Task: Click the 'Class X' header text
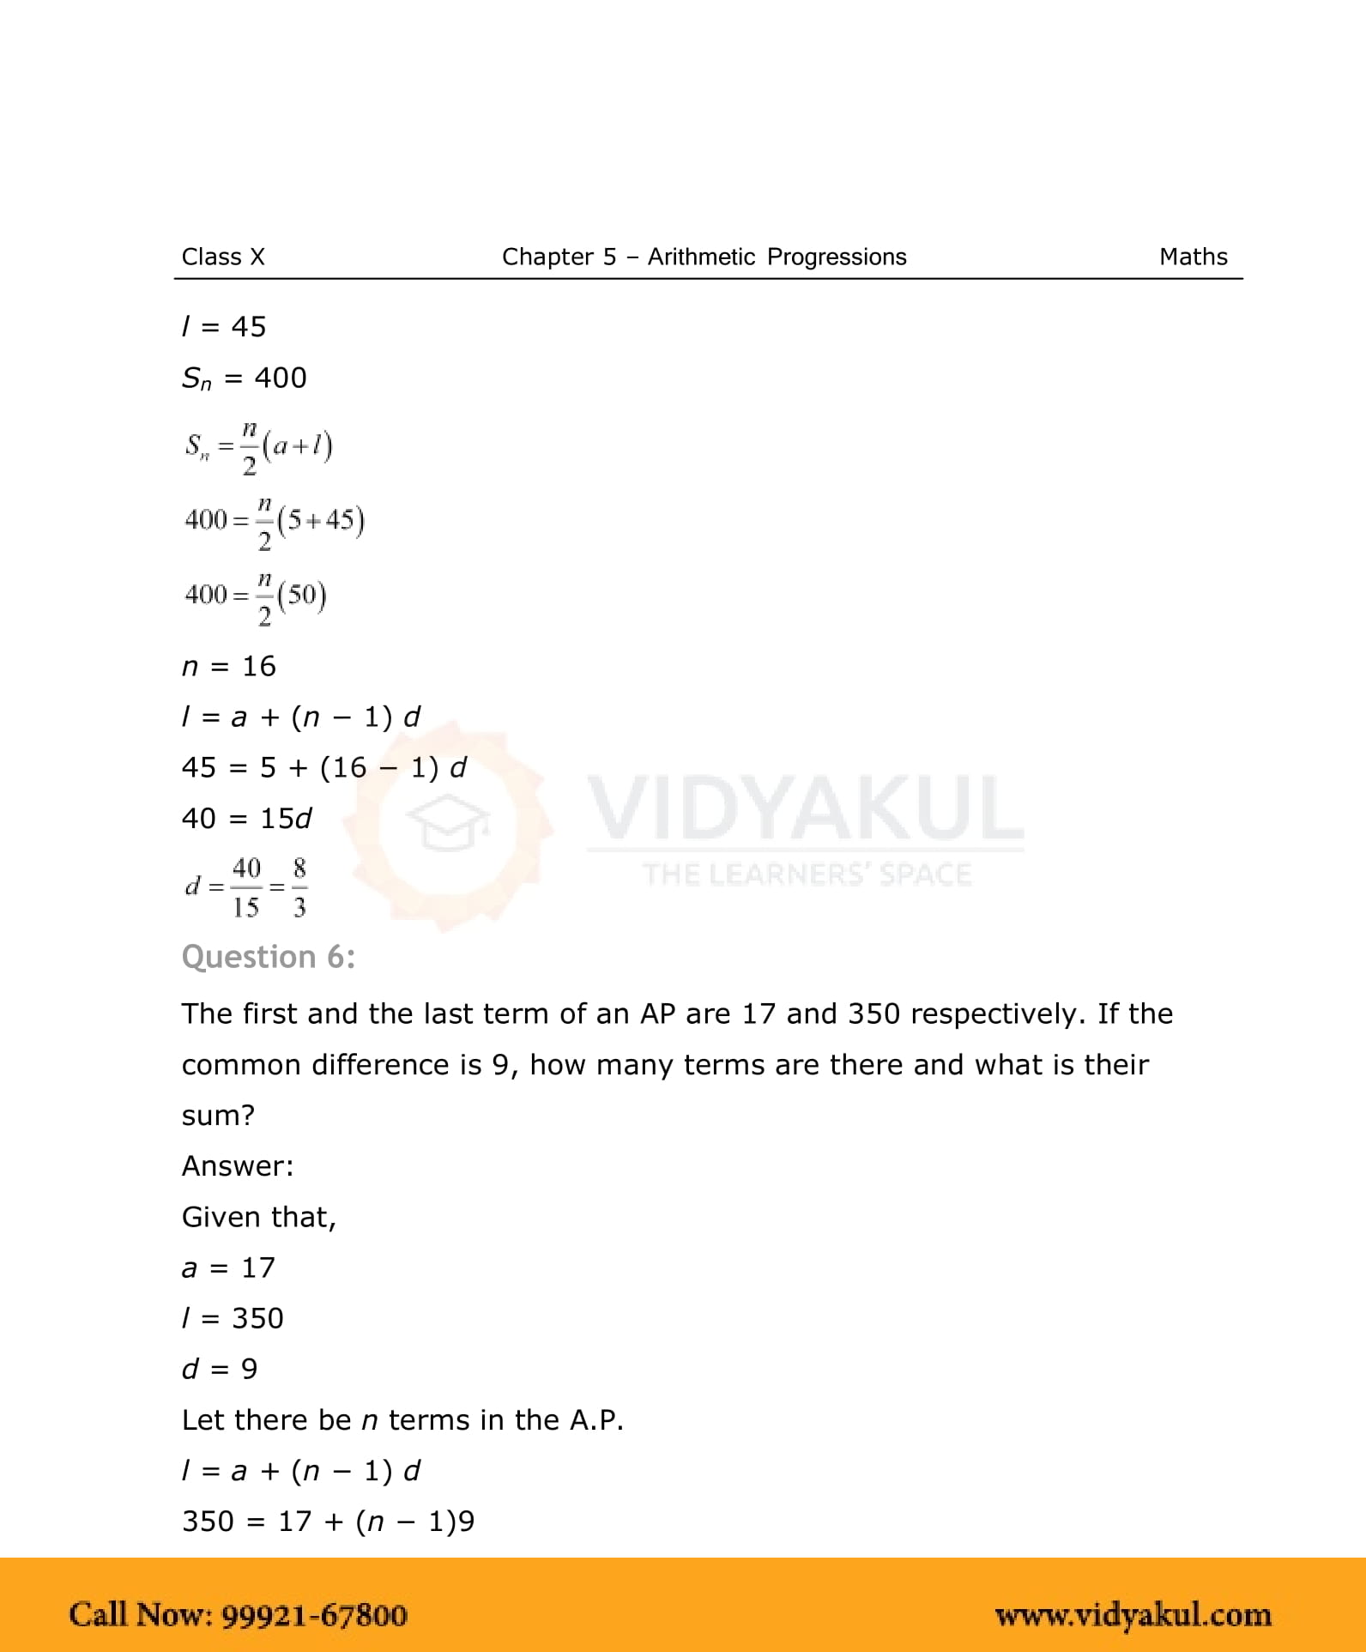(x=223, y=257)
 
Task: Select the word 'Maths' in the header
(x=1193, y=257)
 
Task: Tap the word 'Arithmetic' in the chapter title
(x=701, y=257)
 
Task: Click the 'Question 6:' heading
(x=269, y=957)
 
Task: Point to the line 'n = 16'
(x=229, y=666)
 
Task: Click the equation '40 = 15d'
(x=246, y=819)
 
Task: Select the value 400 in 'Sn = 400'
(x=281, y=378)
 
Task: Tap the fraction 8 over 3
(x=299, y=887)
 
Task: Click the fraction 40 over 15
(x=246, y=887)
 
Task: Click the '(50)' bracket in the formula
(x=302, y=595)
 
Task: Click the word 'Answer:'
(x=238, y=1165)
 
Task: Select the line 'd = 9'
(x=220, y=1369)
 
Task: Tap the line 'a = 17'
(x=228, y=1268)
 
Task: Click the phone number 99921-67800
(x=314, y=1614)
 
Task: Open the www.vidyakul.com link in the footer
(x=1133, y=1614)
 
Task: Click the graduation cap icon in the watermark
(x=447, y=821)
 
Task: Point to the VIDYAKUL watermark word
(x=806, y=808)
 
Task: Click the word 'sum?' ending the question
(x=218, y=1115)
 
